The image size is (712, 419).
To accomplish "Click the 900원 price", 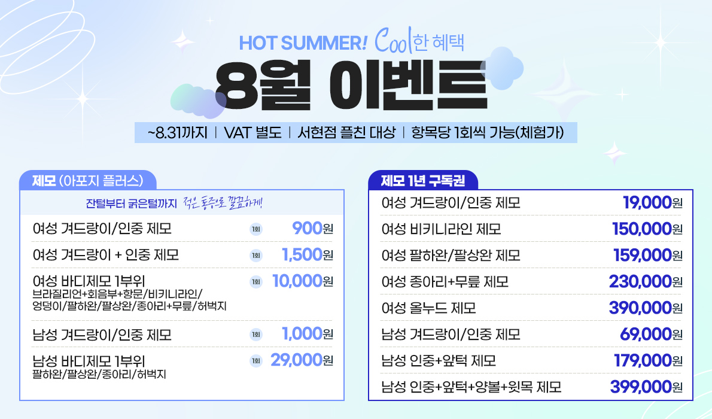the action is (312, 228).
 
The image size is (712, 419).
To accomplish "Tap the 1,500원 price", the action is (308, 254).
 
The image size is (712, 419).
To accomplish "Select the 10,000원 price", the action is (303, 281).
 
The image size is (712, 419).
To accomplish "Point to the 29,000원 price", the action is (302, 360).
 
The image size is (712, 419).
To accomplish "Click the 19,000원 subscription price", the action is (653, 202).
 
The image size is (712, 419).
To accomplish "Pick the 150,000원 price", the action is (647, 229).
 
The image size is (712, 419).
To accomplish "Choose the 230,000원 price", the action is (646, 281).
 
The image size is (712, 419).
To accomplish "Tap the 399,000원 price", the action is (646, 387).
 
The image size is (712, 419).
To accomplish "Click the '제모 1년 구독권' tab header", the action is (423, 180).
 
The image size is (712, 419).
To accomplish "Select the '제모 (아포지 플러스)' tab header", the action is (87, 180).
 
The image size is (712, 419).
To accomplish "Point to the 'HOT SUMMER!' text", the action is (302, 43).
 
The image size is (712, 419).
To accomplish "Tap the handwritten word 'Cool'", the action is (393, 40).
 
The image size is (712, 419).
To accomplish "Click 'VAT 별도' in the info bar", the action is (252, 133).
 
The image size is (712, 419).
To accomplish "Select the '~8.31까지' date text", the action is (177, 133).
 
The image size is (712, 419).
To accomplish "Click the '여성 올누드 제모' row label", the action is (428, 308).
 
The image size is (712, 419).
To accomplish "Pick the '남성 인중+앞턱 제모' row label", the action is (439, 361).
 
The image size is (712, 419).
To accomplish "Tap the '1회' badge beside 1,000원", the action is (256, 335).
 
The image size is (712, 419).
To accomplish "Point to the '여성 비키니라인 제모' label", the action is (441, 229).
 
